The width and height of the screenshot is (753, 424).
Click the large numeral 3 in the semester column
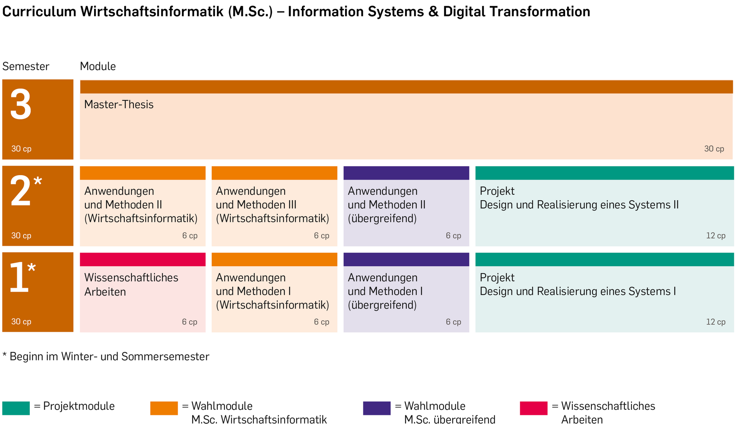[x=20, y=104]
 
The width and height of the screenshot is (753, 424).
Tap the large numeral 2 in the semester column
[x=20, y=191]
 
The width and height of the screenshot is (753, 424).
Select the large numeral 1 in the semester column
[x=19, y=277]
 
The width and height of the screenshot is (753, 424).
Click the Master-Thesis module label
[x=119, y=104]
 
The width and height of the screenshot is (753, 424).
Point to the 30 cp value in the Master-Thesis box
[x=714, y=149]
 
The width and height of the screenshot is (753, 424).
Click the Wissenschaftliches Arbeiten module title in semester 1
[x=131, y=285]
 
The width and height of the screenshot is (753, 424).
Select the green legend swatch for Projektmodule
[x=16, y=408]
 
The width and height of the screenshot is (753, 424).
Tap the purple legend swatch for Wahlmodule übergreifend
[x=377, y=408]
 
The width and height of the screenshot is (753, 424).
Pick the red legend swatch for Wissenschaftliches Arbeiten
[x=534, y=408]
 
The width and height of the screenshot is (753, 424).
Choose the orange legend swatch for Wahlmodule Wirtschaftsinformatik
[x=164, y=408]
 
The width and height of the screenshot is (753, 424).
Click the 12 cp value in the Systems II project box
[x=716, y=236]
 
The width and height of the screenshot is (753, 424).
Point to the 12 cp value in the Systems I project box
[x=716, y=322]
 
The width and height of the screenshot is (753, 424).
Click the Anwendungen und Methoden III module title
[x=273, y=205]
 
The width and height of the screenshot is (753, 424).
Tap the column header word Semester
[x=26, y=66]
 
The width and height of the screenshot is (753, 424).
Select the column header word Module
[x=98, y=66]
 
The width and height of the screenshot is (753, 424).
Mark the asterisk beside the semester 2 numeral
[x=38, y=181]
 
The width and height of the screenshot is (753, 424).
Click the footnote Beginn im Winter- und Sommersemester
[x=109, y=356]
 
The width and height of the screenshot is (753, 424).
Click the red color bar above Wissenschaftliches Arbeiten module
[x=143, y=260]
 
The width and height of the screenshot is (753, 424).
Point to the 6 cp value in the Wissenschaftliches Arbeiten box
[x=189, y=322]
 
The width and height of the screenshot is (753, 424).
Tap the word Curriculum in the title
[x=39, y=12]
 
